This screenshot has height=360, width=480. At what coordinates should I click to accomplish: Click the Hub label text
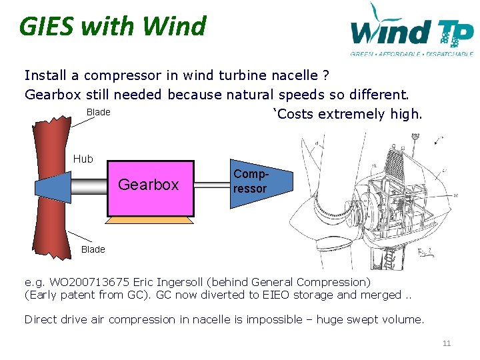point(83,159)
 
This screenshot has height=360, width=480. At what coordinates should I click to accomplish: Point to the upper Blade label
point(99,112)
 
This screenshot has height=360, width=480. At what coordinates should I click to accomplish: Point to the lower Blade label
point(93,249)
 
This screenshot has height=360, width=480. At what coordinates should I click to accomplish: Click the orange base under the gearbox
point(150,219)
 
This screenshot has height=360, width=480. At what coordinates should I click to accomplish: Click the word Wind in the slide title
point(175,27)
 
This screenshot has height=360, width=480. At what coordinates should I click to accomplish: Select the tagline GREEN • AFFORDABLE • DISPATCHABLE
point(411,54)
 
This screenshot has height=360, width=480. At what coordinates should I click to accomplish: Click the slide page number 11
point(447,343)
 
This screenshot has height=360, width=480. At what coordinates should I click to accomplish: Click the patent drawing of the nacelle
point(377,200)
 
